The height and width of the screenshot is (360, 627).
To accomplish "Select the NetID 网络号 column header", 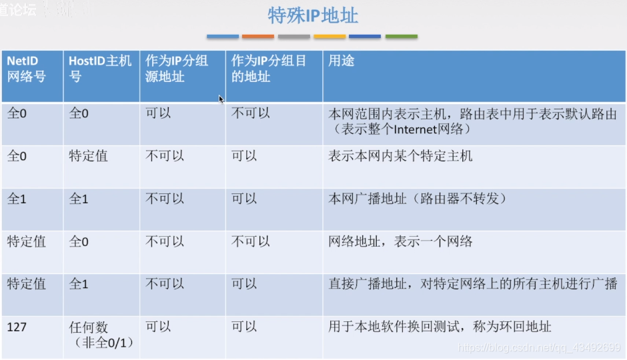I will pyautogui.click(x=27, y=69).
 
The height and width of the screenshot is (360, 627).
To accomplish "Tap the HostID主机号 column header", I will pyautogui.click(x=100, y=69).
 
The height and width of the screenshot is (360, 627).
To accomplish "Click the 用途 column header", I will pyautogui.click(x=342, y=61).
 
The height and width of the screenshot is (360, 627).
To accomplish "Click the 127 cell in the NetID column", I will pyautogui.click(x=17, y=327).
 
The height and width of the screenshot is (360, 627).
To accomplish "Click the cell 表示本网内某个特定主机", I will pyautogui.click(x=400, y=156).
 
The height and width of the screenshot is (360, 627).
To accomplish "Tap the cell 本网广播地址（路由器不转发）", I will pyautogui.click(x=418, y=199).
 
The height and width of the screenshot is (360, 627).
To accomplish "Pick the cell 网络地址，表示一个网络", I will pyautogui.click(x=400, y=241).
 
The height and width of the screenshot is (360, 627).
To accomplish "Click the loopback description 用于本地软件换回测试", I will pyautogui.click(x=440, y=327).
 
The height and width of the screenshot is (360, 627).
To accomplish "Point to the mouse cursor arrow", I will pyautogui.click(x=221, y=99).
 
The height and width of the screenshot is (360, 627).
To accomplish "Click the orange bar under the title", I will pyautogui.click(x=257, y=37).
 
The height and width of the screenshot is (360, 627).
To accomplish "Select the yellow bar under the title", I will pyautogui.click(x=330, y=37).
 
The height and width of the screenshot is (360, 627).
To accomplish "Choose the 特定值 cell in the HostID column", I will pyautogui.click(x=88, y=156).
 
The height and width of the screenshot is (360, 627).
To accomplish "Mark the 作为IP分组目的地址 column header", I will pyautogui.click(x=268, y=69).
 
